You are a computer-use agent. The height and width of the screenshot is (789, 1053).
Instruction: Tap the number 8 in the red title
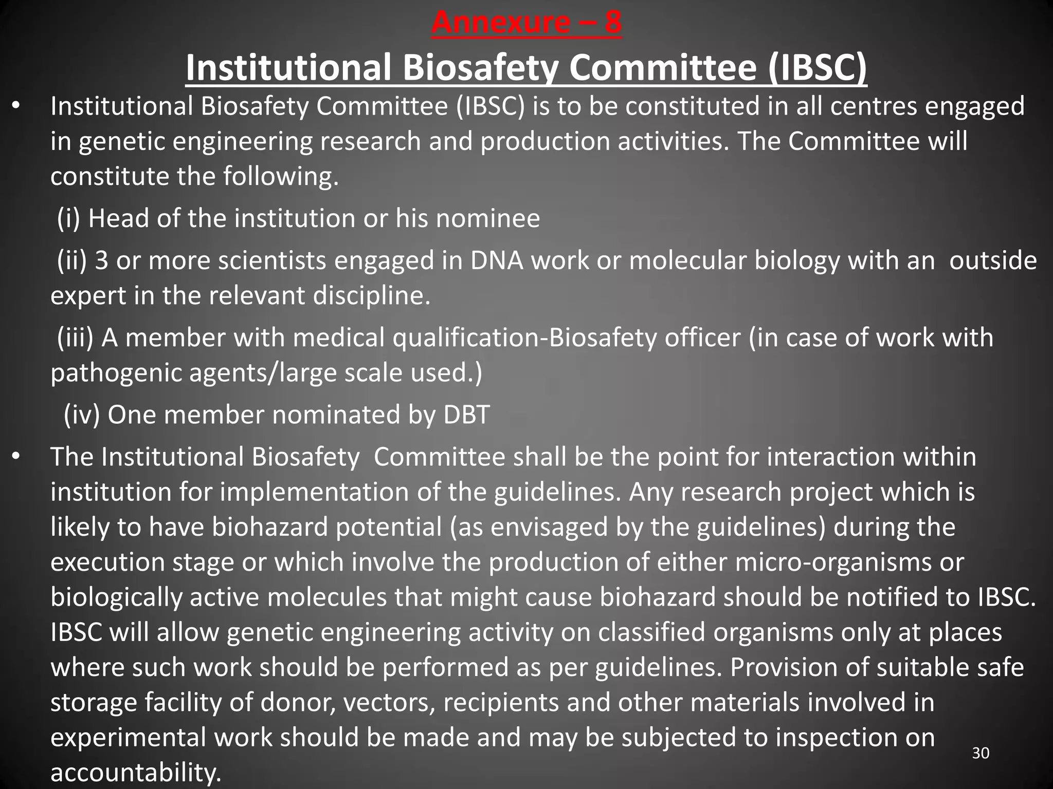tap(612, 23)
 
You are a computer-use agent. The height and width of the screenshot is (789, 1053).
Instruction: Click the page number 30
tap(981, 753)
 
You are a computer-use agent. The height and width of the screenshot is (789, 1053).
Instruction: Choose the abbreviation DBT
tap(466, 415)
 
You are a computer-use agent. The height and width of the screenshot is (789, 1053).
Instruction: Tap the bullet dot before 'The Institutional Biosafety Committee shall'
tap(16, 457)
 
